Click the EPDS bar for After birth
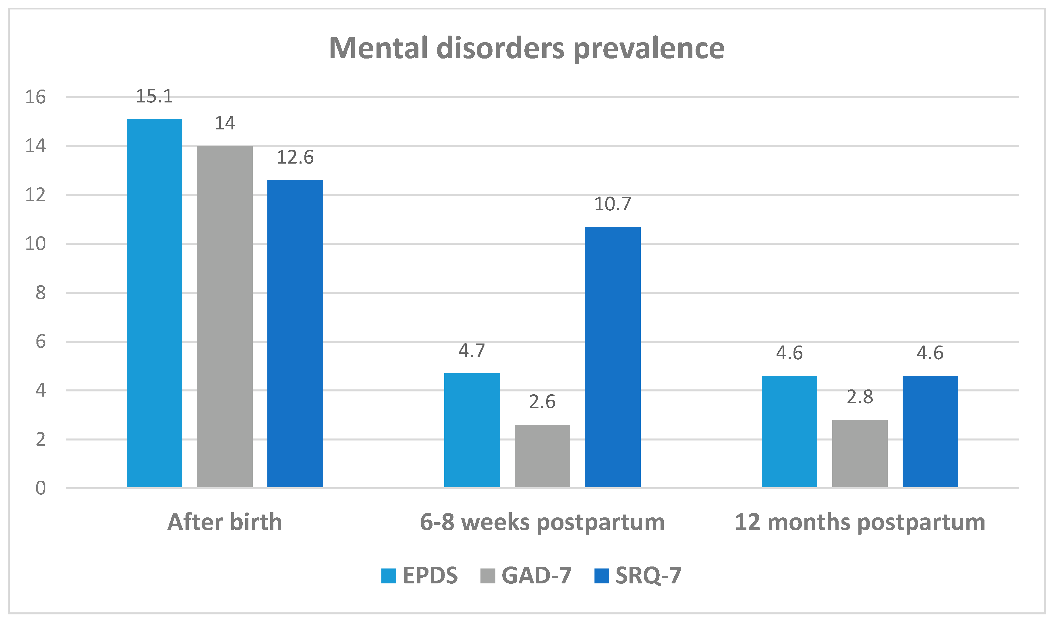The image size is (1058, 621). click(x=154, y=302)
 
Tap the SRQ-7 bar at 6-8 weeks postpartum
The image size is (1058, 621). click(x=613, y=357)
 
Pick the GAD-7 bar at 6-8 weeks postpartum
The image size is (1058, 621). click(x=542, y=456)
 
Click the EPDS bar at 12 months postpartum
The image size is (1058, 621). click(x=789, y=431)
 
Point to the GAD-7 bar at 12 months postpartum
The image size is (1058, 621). click(x=860, y=453)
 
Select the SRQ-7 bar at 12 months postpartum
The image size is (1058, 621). click(x=930, y=431)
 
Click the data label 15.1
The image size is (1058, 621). click(x=154, y=96)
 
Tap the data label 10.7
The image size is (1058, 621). click(x=613, y=204)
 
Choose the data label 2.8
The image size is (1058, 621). click(x=860, y=397)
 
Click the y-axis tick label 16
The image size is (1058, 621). click(x=35, y=97)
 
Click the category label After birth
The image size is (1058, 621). click(x=225, y=522)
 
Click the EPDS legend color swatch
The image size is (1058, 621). click(x=388, y=576)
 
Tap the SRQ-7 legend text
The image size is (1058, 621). click(x=648, y=576)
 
